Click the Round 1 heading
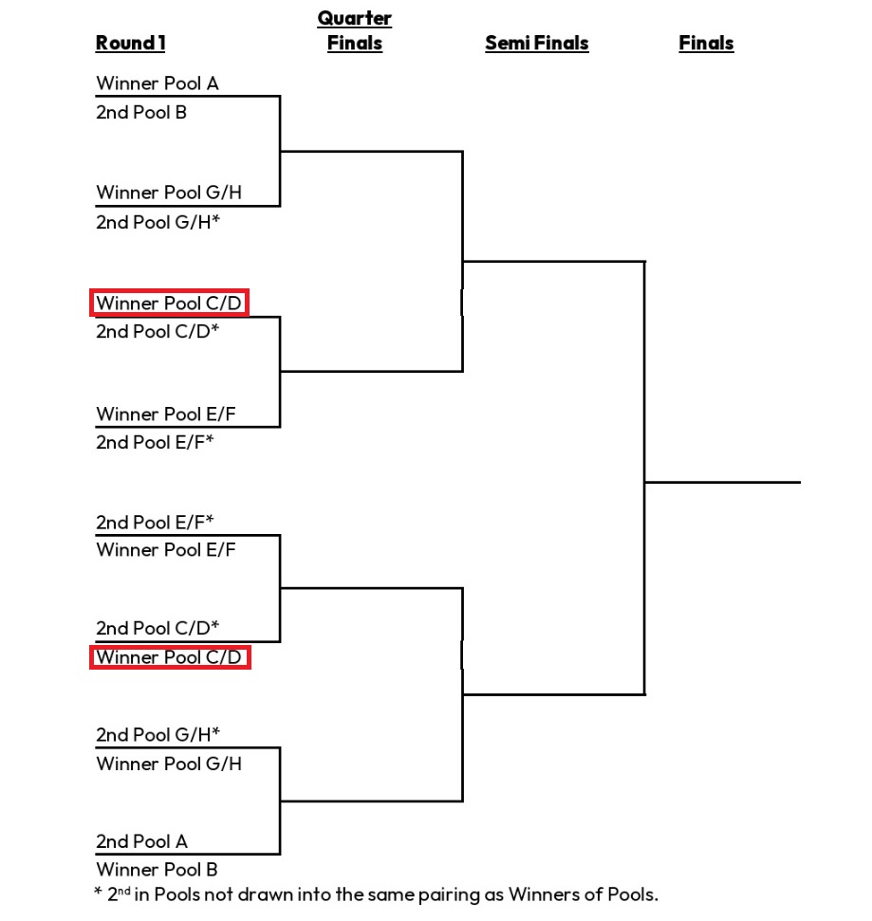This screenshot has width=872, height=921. tap(130, 43)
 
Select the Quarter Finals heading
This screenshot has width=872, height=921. tap(354, 30)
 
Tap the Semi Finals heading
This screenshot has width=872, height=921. tap(536, 43)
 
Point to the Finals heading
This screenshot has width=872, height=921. tap(706, 43)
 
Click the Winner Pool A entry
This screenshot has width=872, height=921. tap(158, 83)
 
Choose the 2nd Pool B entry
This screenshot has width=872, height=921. tap(141, 112)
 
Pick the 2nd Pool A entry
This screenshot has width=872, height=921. tap(141, 841)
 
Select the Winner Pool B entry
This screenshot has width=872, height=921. tap(157, 870)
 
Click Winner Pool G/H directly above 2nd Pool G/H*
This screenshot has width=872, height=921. tap(169, 193)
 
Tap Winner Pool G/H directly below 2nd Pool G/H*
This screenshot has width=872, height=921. tap(169, 764)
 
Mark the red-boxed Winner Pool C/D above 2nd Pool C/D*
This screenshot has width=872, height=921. tap(169, 304)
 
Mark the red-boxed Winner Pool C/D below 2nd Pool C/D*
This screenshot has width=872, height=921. tap(169, 657)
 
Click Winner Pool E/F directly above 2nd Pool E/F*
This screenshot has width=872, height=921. tap(166, 414)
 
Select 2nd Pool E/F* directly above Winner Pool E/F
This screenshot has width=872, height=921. tap(155, 522)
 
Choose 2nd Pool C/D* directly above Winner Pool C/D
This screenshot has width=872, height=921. tap(158, 628)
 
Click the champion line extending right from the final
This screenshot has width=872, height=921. tap(723, 482)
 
